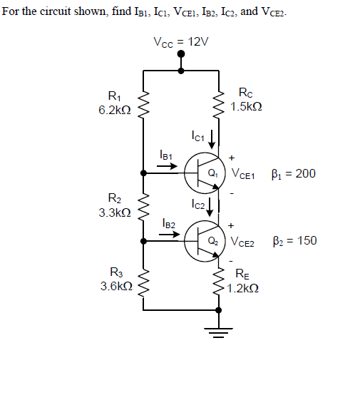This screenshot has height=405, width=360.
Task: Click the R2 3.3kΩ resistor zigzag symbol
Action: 144,207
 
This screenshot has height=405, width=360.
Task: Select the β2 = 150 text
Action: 294,240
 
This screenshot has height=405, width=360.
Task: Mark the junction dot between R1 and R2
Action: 144,173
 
